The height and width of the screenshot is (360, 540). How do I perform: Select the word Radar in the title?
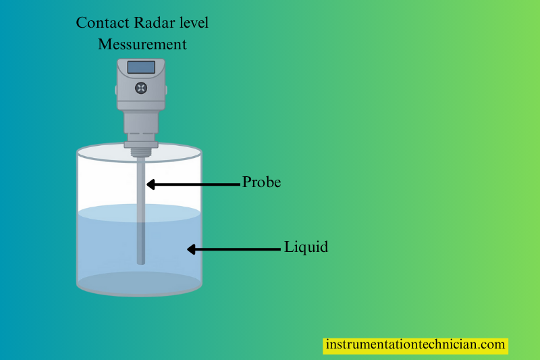pyautogui.click(x=153, y=22)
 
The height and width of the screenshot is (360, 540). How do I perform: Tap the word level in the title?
pyautogui.click(x=192, y=22)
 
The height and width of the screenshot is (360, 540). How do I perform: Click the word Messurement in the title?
pyautogui.click(x=142, y=45)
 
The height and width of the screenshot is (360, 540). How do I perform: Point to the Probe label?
pyautogui.click(x=261, y=182)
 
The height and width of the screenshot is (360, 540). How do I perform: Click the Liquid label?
pyautogui.click(x=306, y=247)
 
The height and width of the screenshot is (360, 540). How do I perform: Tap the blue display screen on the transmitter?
pyautogui.click(x=141, y=67)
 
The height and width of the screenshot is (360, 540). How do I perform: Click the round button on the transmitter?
pyautogui.click(x=141, y=87)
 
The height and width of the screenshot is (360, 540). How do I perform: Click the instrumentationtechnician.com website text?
pyautogui.click(x=415, y=344)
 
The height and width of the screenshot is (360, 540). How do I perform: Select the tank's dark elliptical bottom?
pyautogui.click(x=139, y=284)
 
